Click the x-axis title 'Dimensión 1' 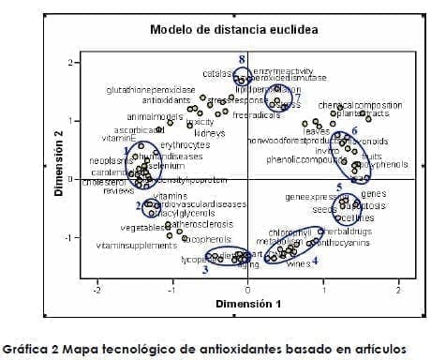pyautogui.click(x=247, y=304)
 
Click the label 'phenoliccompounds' pyautogui.click(x=305, y=160)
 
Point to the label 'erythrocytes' pyautogui.click(x=185, y=145)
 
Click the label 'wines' pyautogui.click(x=298, y=264)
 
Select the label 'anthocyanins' pyautogui.click(x=344, y=242)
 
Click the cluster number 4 pyautogui.click(x=315, y=261)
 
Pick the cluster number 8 pyautogui.click(x=241, y=59)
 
